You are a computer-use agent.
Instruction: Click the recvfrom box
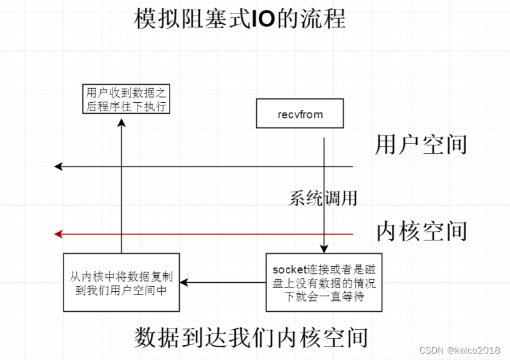pos(300,114)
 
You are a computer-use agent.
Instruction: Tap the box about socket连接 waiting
pos(324,283)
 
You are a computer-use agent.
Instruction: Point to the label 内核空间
pos(421,230)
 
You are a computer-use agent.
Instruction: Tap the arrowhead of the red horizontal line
pos(58,234)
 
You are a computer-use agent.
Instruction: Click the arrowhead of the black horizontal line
pos(58,167)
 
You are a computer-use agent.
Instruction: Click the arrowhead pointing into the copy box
pos(183,283)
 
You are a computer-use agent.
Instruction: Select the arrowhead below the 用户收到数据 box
pos(121,120)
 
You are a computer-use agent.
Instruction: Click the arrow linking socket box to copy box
pos(225,283)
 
